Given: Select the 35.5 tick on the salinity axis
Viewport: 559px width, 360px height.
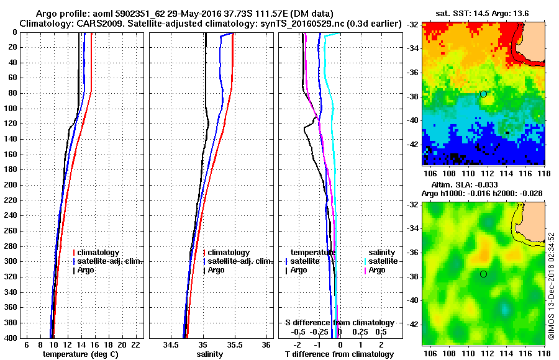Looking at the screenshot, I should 234,344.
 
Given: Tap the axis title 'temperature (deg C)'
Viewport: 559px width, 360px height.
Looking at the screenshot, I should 80,354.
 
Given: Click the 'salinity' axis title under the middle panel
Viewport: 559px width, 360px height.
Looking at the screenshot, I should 209,354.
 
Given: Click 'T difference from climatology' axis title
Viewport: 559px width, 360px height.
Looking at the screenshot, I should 339,354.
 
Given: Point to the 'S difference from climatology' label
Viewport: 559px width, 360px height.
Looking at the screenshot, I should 339,323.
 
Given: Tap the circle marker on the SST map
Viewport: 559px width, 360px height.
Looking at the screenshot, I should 483,94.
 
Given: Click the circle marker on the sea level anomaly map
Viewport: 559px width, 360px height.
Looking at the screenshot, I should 483,274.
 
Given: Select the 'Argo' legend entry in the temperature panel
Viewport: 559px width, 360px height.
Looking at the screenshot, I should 91,270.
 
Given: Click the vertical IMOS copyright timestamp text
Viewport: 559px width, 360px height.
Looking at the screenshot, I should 551,286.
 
